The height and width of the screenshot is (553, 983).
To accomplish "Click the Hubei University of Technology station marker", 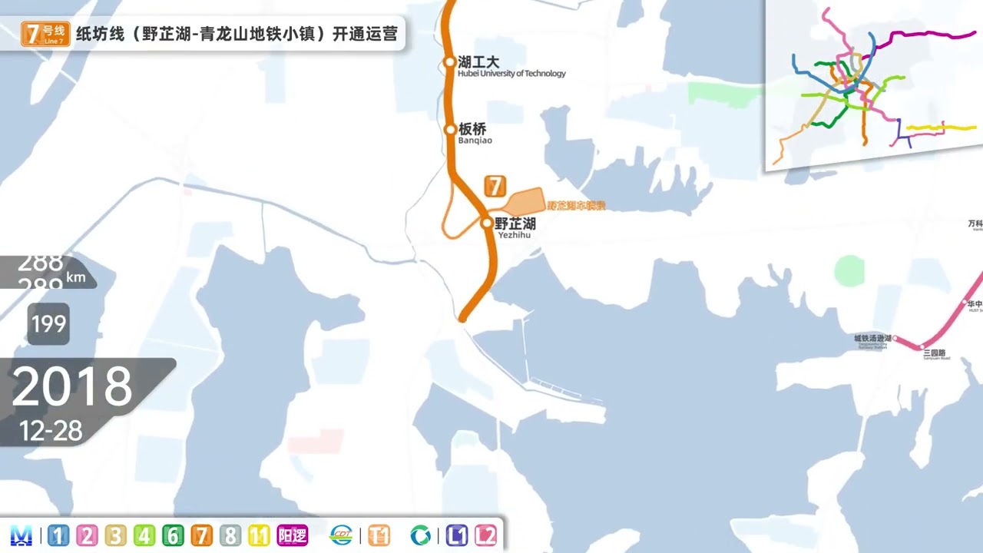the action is click(x=450, y=62).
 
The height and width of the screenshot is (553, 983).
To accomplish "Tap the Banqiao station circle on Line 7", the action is click(x=451, y=130).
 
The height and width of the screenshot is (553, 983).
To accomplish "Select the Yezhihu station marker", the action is click(x=486, y=224).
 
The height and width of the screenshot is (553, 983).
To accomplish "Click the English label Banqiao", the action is click(x=475, y=141).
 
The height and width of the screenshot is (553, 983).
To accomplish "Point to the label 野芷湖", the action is click(x=515, y=224).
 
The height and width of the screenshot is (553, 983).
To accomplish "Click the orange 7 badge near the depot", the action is click(x=495, y=186).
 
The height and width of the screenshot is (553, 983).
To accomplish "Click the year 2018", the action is click(x=72, y=386).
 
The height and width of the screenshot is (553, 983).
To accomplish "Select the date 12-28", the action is click(x=51, y=431).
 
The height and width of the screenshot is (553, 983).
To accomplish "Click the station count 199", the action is click(x=48, y=324).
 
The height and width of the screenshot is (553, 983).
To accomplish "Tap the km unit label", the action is click(x=75, y=277).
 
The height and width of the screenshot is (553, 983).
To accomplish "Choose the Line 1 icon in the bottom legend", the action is click(x=58, y=535).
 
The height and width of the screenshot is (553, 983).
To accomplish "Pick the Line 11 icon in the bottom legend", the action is click(x=259, y=535).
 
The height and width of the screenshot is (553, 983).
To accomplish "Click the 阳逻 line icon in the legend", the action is click(x=293, y=535).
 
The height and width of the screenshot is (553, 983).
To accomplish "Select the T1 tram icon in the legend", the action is click(x=379, y=535).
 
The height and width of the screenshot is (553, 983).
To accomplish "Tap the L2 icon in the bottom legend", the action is click(x=485, y=535).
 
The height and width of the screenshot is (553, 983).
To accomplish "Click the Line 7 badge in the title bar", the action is click(x=45, y=35).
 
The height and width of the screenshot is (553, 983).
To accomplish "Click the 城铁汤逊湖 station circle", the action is click(x=895, y=338).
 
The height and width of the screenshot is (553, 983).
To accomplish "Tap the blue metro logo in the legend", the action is click(x=22, y=535).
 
